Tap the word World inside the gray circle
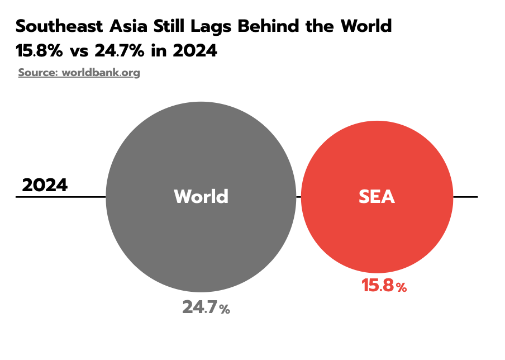pyautogui.click(x=201, y=197)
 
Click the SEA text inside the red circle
pyautogui.click(x=377, y=197)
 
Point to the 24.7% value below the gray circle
pyautogui.click(x=206, y=307)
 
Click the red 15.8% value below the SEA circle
pyautogui.click(x=384, y=286)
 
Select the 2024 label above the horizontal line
pyautogui.click(x=45, y=185)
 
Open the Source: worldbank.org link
pyautogui.click(x=79, y=73)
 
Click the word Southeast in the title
pyautogui.click(x=58, y=26)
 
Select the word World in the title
pyautogui.click(x=365, y=26)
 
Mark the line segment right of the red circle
pyautogui.click(x=465, y=197)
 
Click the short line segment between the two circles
pyautogui.click(x=298, y=197)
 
